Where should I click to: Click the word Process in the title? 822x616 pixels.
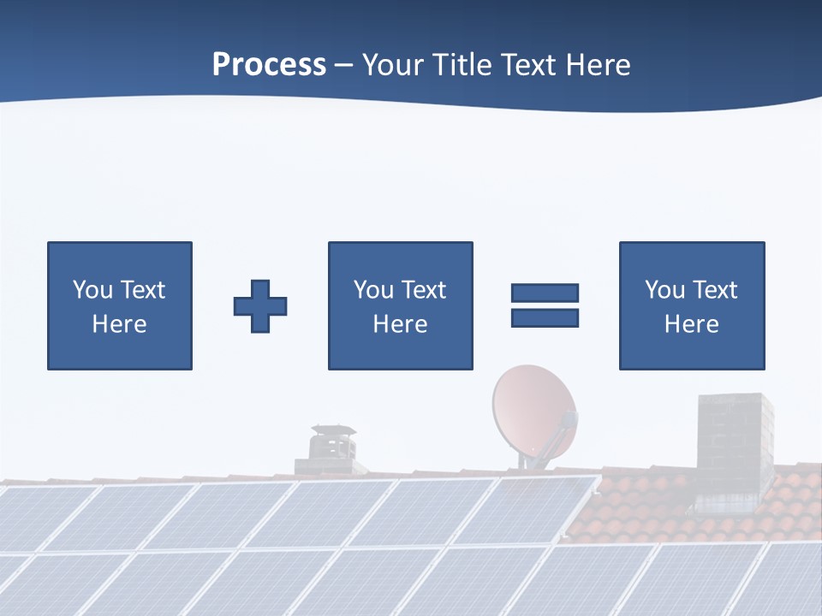269,65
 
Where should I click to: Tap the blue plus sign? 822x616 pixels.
260,305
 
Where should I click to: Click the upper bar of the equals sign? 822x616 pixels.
545,293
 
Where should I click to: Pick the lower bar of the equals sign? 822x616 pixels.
545,317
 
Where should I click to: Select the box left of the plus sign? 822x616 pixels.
120,305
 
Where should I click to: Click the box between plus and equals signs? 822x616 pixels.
400,305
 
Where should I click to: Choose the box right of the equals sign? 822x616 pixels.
691,305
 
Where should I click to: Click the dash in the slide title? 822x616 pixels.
343,66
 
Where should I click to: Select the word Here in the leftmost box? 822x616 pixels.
120,324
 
